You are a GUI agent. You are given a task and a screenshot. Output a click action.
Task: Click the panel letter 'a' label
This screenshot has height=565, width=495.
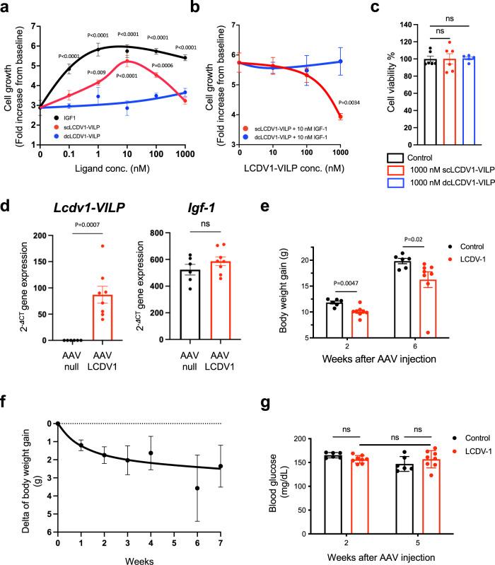point(6,7)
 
